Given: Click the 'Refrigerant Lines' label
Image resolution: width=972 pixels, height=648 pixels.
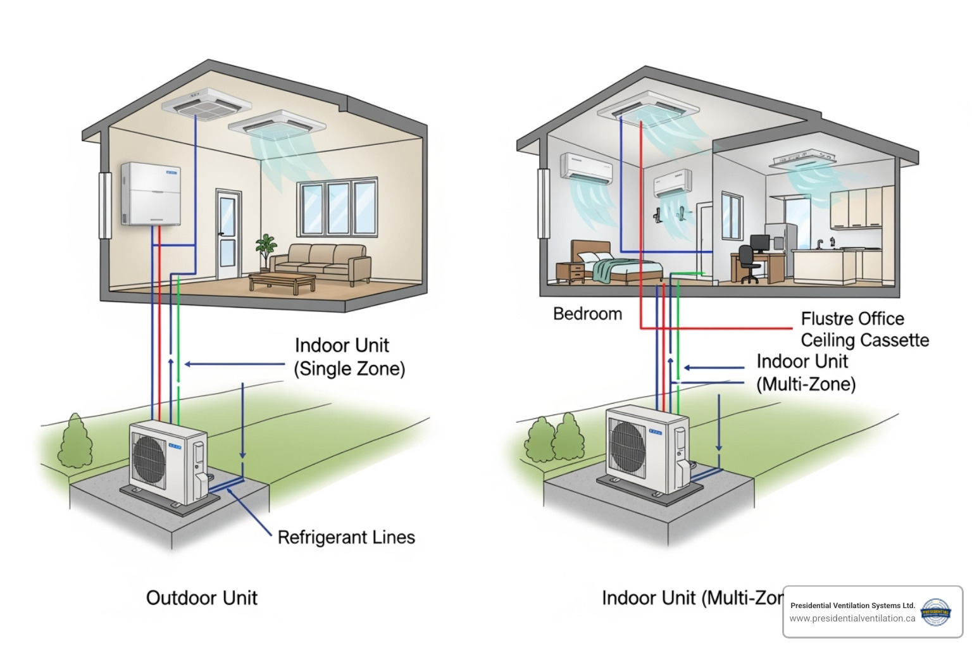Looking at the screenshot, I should coord(346,537).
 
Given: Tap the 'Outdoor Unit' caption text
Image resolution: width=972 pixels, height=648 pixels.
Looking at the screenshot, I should coord(201,598).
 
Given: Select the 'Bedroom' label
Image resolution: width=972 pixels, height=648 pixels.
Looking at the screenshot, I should coord(587,314).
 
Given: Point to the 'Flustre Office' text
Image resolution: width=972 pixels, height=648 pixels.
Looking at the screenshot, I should coord(852,318).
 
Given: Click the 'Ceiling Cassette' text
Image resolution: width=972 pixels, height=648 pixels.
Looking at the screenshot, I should coord(864,340).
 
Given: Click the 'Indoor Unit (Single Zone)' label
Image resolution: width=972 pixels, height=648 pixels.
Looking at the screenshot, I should coord(349,357).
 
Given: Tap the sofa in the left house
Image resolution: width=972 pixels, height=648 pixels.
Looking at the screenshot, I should coord(321,262).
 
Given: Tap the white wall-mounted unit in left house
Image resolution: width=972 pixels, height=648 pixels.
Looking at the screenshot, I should coord(151,194).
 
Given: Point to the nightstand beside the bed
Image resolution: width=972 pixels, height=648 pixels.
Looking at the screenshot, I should coord(570,273).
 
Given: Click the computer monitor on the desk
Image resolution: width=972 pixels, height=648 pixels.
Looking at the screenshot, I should coord(759,242).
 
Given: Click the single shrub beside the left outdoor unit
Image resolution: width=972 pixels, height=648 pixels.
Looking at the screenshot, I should coord(75,442).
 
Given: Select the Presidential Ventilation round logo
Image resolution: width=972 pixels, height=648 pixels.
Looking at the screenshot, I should coord(935,612).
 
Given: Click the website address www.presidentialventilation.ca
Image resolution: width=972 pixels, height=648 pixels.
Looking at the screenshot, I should coord(852,618).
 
